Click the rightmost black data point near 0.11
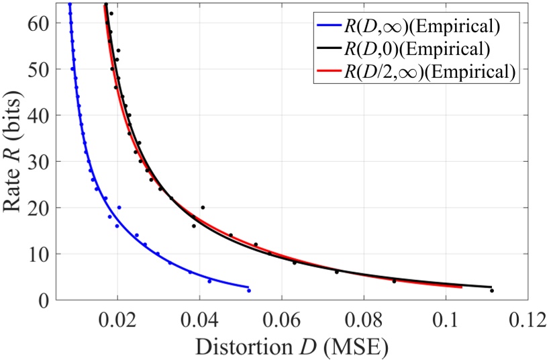(492, 290)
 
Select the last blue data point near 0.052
(249, 290)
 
